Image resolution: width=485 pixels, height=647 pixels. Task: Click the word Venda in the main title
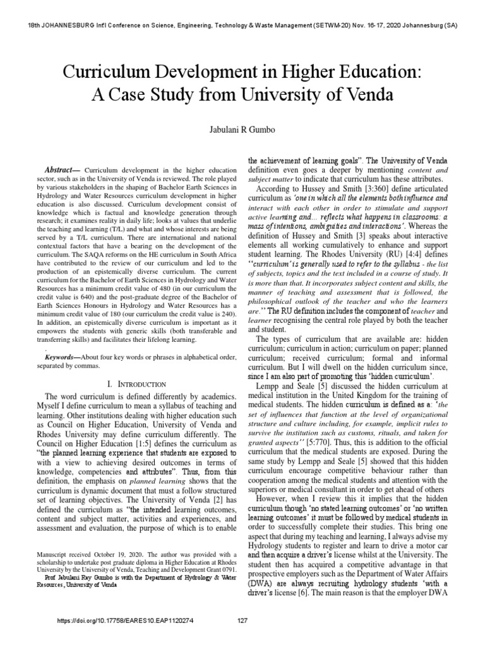click(368, 95)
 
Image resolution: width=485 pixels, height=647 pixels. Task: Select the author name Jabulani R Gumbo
click(242, 129)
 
